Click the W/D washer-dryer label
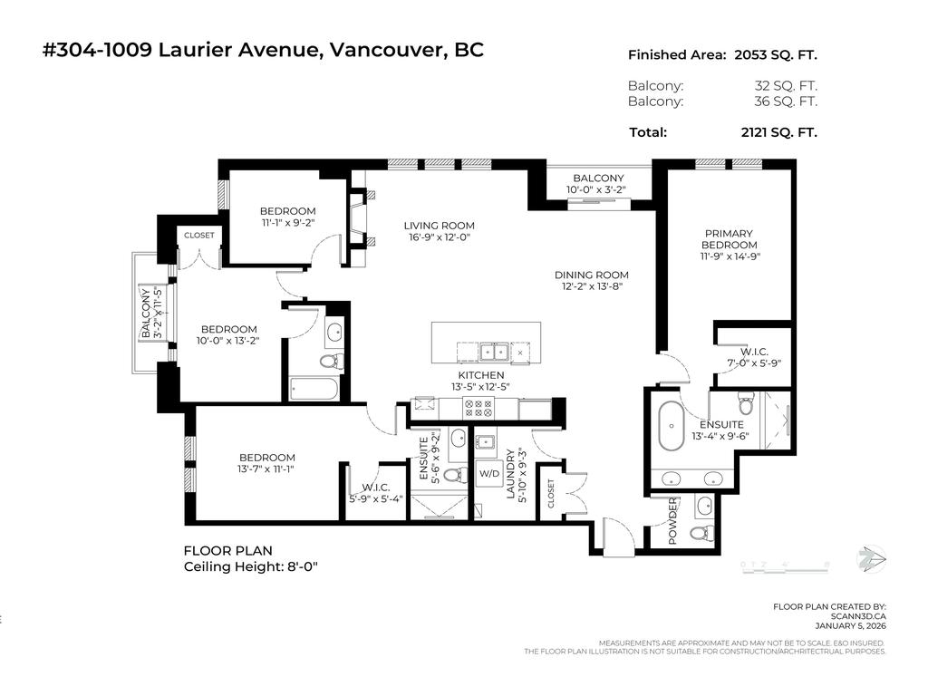(489, 473)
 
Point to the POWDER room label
(673, 521)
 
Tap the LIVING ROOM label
(439, 226)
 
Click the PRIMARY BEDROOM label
(730, 239)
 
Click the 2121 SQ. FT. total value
(778, 132)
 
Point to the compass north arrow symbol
(870, 557)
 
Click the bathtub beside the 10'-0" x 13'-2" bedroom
(314, 389)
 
